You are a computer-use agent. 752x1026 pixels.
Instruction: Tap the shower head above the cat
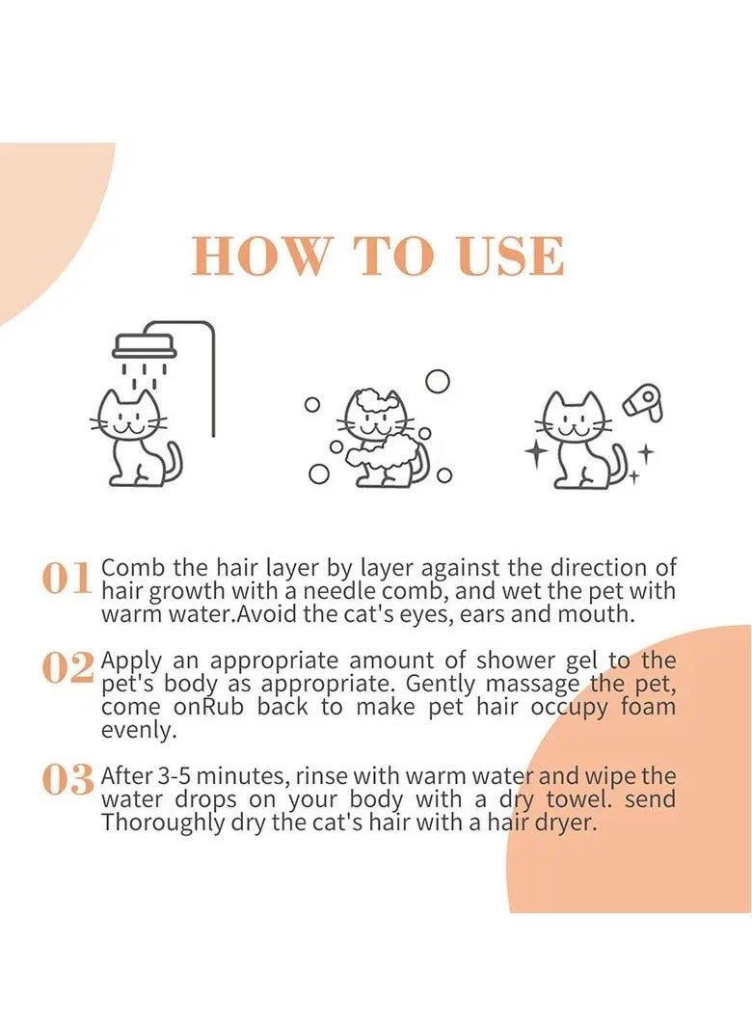[145, 345]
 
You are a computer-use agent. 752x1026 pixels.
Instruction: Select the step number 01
[67, 578]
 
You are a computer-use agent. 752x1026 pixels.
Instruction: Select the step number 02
[67, 667]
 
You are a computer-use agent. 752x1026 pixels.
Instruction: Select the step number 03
[67, 780]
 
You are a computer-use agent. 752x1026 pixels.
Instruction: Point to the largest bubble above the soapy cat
[438, 382]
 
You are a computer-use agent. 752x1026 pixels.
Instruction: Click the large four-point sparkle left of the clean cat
[536, 453]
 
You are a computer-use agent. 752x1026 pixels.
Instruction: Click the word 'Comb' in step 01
[129, 567]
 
